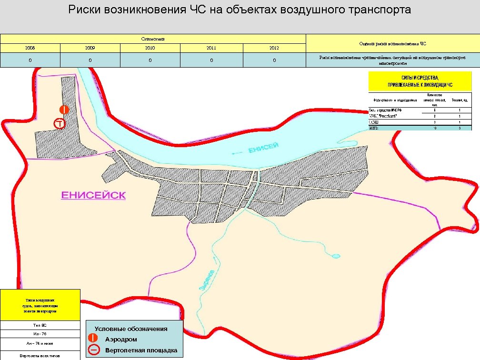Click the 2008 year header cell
point(30,48)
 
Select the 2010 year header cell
point(150,48)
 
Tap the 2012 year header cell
point(274,48)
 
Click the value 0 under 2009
point(90,60)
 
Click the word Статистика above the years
point(152,39)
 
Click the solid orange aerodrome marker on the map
point(64,110)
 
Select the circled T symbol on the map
point(59,124)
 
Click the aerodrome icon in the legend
point(94,339)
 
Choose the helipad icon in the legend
point(94,350)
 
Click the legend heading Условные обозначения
point(131,329)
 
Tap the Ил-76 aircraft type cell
point(40,333)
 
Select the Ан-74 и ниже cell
point(40,343)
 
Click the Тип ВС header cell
point(40,325)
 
